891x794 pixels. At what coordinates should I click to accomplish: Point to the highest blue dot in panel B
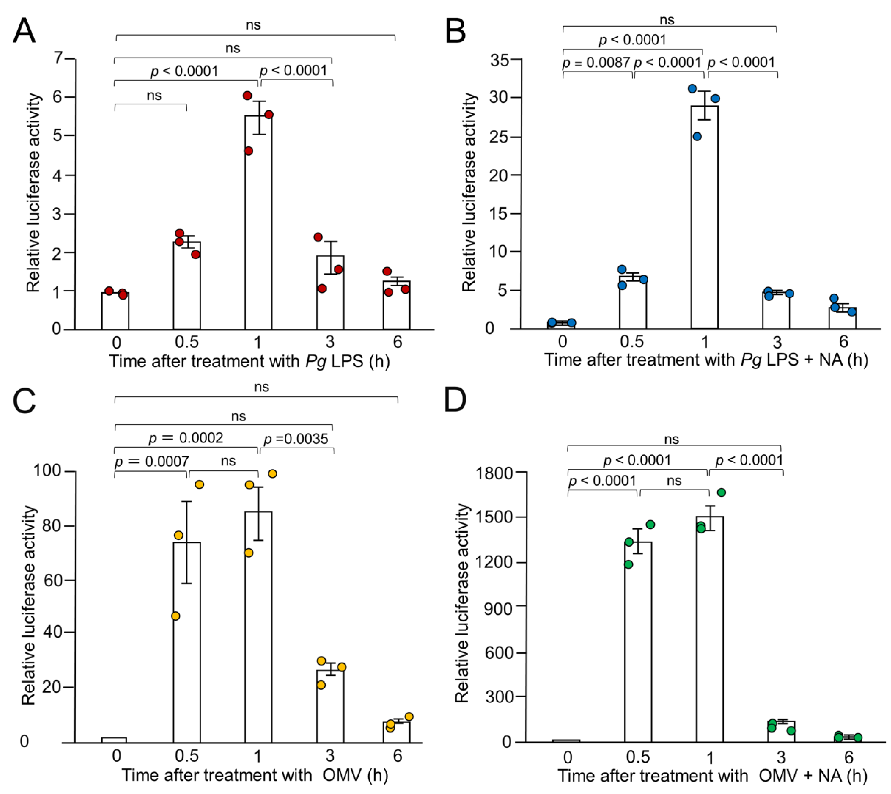[x=692, y=89]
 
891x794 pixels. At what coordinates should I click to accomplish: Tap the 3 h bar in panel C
[x=330, y=707]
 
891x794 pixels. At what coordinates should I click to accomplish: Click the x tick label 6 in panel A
[x=397, y=342]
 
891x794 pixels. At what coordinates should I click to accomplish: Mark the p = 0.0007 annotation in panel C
[x=151, y=461]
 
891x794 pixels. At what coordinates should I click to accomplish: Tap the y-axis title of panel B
[x=469, y=192]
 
